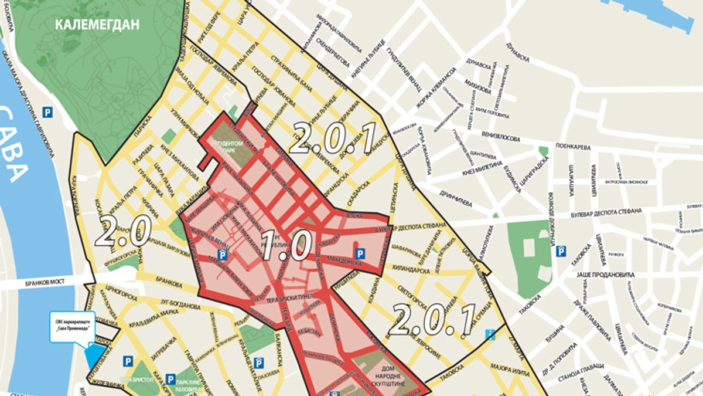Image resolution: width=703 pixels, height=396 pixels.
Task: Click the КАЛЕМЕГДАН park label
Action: [97, 25]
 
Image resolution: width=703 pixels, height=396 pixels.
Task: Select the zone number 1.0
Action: [285, 245]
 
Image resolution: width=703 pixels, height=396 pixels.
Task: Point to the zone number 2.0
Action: [123, 231]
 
